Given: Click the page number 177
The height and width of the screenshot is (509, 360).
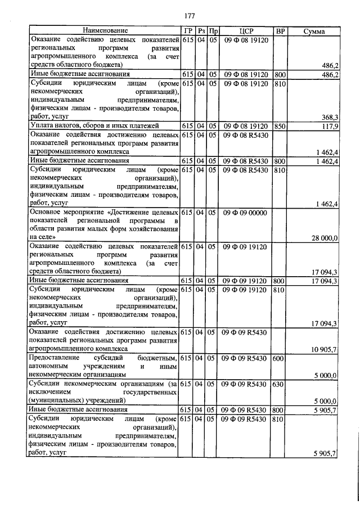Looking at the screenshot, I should click(189, 15).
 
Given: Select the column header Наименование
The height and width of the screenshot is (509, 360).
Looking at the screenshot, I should click(105, 30).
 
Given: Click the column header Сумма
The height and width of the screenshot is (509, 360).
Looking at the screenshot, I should click(313, 30).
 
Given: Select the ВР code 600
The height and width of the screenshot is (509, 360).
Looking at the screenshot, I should click(278, 358).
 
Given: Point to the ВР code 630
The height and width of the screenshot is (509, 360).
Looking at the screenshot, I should click(278, 384).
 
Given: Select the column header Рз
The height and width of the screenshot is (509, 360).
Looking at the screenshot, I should click(201, 30).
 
